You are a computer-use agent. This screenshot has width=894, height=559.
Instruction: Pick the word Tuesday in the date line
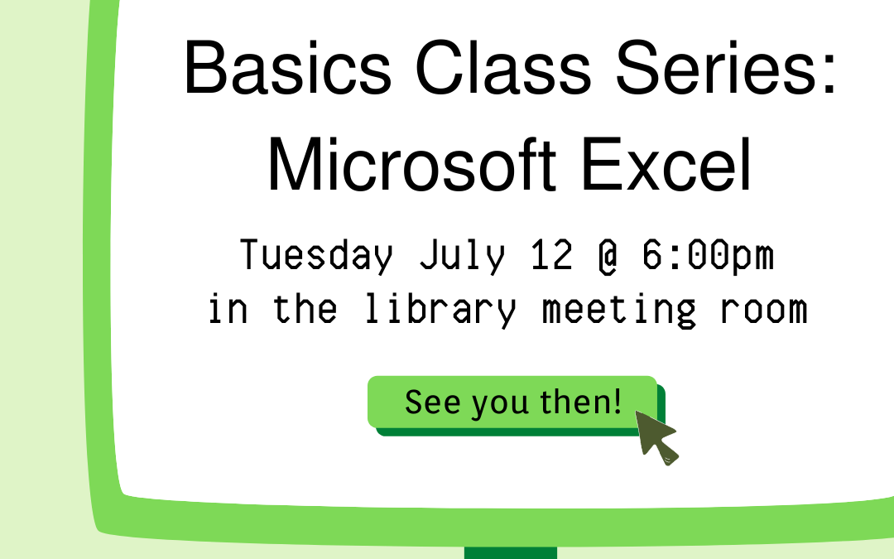[x=317, y=256]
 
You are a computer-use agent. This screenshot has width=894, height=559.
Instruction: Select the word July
[x=461, y=256]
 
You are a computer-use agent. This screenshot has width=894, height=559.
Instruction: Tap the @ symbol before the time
[x=608, y=256]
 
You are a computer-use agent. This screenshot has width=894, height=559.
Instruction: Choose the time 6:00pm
[x=708, y=256]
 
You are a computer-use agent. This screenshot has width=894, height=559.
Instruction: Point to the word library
[x=439, y=310]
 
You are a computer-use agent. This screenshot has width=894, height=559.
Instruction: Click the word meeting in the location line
[x=619, y=310]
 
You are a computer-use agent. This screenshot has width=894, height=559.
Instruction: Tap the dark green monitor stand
[x=510, y=552]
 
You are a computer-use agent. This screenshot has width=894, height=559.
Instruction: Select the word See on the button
[x=434, y=402]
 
